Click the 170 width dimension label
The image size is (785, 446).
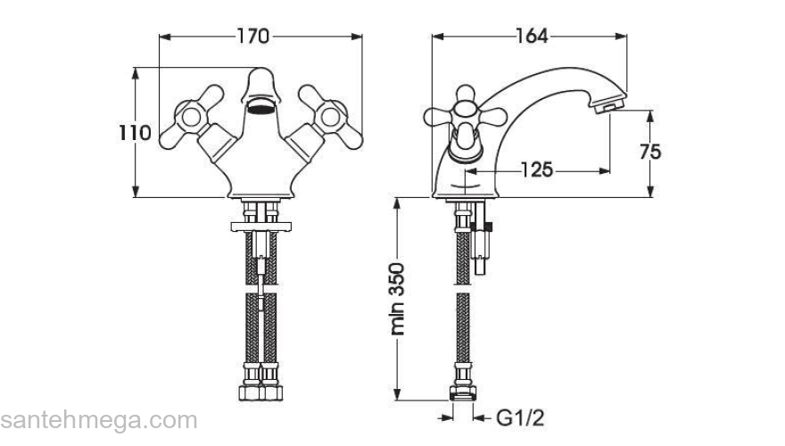252,36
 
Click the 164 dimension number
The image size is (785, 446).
532,36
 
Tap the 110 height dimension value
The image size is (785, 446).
135,133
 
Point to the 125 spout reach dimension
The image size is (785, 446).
537,170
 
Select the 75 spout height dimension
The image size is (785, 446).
650,152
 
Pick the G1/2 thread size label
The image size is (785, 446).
520,417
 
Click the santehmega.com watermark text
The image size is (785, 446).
98,421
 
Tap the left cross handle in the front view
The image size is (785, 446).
192,117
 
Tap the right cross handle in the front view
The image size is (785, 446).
330,117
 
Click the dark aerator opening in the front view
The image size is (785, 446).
261,107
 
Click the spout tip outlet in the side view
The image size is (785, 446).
609,105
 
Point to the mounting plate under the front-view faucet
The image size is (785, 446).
260,227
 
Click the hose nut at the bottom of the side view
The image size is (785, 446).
463,392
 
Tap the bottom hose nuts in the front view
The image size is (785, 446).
260,392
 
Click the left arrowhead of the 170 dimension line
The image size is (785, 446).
165,37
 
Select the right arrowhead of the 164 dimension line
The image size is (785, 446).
621,36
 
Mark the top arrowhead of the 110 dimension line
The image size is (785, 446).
136,73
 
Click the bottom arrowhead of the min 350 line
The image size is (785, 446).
397,394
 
